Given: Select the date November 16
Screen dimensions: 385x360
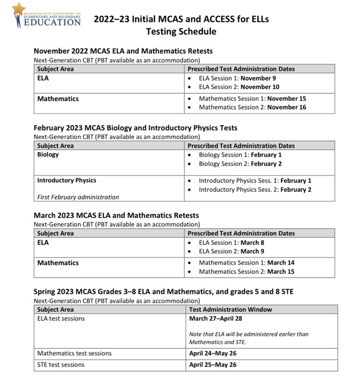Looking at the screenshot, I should click(x=287, y=107).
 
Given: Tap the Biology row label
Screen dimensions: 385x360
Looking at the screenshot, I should click(x=48, y=154).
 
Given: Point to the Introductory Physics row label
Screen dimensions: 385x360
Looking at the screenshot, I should click(x=67, y=180).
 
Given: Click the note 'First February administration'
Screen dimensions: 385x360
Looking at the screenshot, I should click(x=78, y=197).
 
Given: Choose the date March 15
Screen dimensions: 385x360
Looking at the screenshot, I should click(x=281, y=271).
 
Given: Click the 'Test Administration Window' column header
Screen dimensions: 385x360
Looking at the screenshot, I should click(x=231, y=309).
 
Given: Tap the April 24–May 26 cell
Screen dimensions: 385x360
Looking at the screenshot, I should click(x=213, y=353).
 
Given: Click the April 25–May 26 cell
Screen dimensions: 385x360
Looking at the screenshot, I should click(x=213, y=365).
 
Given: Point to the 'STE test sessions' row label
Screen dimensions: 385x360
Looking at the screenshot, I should click(x=61, y=365).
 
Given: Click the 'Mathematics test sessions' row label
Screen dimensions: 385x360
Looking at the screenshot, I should click(x=75, y=353).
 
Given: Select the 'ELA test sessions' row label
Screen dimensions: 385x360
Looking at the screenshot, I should click(x=61, y=318).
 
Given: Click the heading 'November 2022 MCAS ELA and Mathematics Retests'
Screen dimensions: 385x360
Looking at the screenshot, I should click(x=123, y=51).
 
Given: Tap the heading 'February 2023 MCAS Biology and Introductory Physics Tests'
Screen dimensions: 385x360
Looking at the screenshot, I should click(x=135, y=128).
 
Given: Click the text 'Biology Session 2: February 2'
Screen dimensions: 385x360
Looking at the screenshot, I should click(x=240, y=164).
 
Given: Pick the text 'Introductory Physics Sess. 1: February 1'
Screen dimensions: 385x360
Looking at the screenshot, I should click(x=255, y=180).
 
